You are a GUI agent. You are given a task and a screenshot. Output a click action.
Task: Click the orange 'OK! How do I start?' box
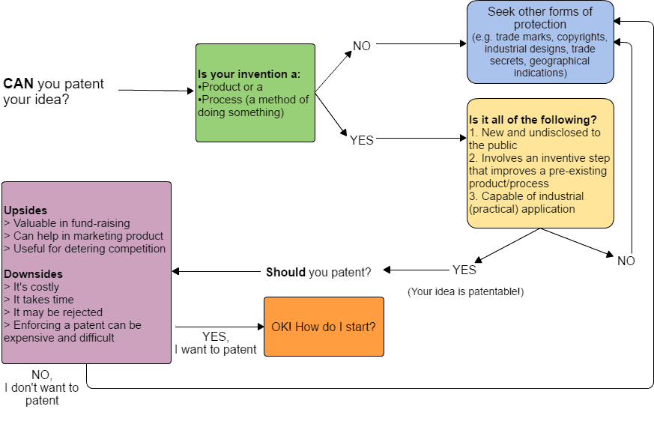coord(324,327)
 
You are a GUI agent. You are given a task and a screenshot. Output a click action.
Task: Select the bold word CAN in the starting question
coord(18,83)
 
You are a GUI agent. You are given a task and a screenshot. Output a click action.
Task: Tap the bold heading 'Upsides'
coord(25,211)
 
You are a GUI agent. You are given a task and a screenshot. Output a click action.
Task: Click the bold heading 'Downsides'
coord(34,274)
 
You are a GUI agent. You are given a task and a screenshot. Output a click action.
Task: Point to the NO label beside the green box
coord(362,46)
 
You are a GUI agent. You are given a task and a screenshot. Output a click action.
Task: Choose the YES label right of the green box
coord(362,140)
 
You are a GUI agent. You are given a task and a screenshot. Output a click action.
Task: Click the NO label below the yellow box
coord(626,261)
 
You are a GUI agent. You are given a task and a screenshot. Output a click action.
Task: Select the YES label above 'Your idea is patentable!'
coord(464,270)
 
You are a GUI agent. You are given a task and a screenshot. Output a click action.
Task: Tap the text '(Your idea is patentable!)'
coord(465,291)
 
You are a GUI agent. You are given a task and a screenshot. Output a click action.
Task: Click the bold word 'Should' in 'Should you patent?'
coord(285,272)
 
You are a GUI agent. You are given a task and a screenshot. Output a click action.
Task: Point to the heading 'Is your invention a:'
coord(249,74)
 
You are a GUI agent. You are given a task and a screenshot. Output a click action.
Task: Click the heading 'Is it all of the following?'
coord(533,120)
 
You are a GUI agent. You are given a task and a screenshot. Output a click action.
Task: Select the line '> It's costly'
coord(31,287)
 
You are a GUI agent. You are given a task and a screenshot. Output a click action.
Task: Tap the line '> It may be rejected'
coord(53,312)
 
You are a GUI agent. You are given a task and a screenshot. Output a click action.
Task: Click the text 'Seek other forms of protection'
coord(540,18)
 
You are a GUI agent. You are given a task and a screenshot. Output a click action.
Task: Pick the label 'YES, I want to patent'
coord(215,343)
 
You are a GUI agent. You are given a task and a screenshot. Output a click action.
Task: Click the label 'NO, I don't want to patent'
coord(42,388)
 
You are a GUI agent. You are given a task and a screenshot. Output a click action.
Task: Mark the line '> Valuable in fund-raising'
coord(67,223)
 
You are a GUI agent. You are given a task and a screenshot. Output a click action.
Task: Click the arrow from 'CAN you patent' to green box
coord(156,90)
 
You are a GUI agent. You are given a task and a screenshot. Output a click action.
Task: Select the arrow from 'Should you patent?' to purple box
coord(216,271)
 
